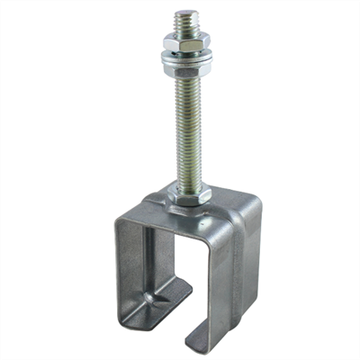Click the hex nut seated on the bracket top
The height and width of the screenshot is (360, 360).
[191, 192]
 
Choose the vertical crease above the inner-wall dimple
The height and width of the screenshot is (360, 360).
[153, 256]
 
